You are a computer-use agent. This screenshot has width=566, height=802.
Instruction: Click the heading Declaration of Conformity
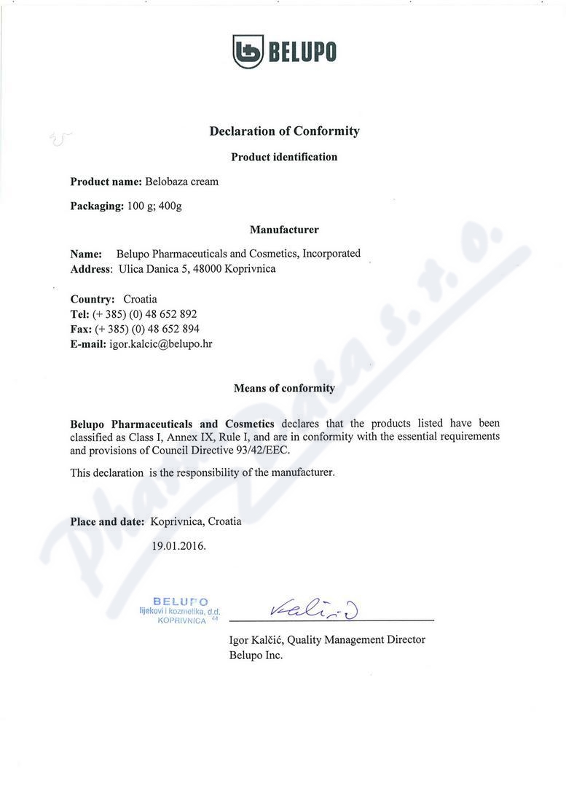tap(284, 131)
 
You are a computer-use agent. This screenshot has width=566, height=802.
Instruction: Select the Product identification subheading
tap(284, 157)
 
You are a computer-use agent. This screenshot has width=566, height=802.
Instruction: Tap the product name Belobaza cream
tap(181, 182)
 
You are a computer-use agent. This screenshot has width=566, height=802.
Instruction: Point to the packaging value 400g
tap(170, 206)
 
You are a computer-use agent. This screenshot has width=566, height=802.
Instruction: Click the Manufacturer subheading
tap(284, 230)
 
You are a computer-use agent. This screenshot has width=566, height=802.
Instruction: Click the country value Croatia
tap(140, 299)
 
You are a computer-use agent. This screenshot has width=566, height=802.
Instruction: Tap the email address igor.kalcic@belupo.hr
tap(160, 344)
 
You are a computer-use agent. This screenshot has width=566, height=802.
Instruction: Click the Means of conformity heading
tap(284, 389)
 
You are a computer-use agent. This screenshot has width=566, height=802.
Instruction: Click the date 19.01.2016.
tap(179, 545)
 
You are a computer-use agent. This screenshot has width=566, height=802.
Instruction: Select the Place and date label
tap(107, 521)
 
